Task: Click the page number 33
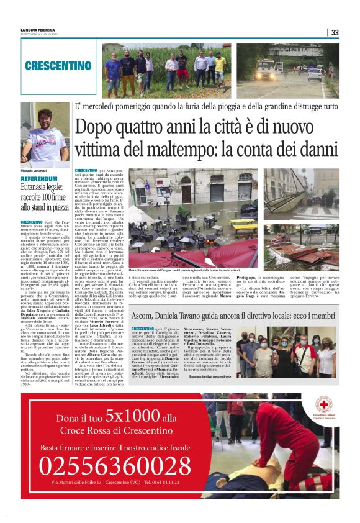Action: [335, 32]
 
